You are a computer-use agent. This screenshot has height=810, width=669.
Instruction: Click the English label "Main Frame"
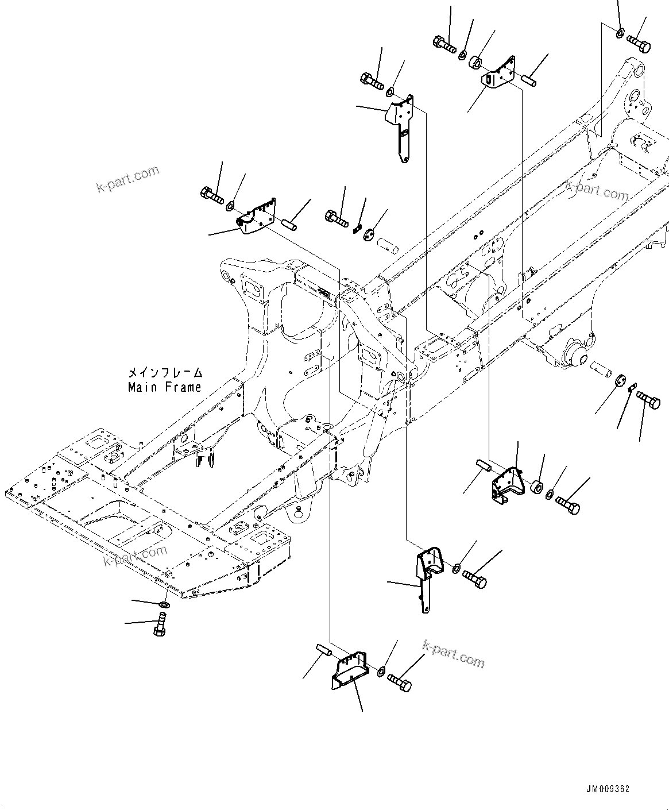click(x=165, y=387)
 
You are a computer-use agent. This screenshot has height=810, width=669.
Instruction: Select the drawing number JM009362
click(x=608, y=789)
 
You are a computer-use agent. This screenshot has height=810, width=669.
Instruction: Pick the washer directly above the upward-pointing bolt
click(x=164, y=605)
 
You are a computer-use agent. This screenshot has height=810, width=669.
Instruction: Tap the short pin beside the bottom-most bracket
click(x=324, y=651)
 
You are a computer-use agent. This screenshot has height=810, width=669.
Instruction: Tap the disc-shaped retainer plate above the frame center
click(x=369, y=233)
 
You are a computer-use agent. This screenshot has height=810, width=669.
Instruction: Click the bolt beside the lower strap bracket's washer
click(x=474, y=577)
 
